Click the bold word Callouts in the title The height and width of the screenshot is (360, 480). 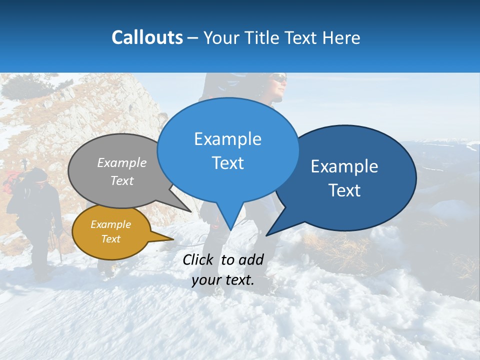[x=147, y=37]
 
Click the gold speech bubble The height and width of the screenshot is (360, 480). [x=111, y=232]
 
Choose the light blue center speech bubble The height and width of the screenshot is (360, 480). [x=227, y=150]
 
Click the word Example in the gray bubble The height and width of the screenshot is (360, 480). [x=122, y=163]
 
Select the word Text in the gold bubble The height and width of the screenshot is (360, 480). [x=111, y=239]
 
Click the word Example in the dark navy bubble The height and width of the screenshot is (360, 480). [x=344, y=166]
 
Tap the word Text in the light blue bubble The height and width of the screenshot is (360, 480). [x=227, y=163]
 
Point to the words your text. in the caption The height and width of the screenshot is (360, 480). [x=223, y=280]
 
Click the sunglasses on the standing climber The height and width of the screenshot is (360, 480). [x=279, y=78]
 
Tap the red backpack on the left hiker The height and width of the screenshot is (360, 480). [x=12, y=181]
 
